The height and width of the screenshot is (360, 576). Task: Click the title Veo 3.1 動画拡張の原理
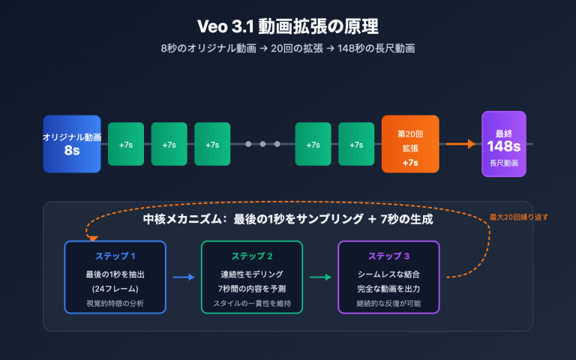pyautogui.click(x=288, y=26)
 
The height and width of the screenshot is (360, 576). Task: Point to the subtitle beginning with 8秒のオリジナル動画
pyautogui.click(x=288, y=49)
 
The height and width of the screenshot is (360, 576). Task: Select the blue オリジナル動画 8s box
pyautogui.click(x=72, y=144)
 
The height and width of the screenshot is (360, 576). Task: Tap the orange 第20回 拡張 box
pyautogui.click(x=410, y=144)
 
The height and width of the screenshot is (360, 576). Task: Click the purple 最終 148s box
pyautogui.click(x=504, y=144)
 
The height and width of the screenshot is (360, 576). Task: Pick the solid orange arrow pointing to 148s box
pyautogui.click(x=461, y=144)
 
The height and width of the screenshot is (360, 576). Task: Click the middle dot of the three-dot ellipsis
pyautogui.click(x=262, y=144)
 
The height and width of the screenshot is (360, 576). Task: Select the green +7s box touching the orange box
pyautogui.click(x=356, y=144)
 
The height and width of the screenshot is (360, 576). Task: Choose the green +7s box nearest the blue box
pyautogui.click(x=126, y=144)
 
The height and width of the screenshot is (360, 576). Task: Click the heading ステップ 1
pyautogui.click(x=115, y=256)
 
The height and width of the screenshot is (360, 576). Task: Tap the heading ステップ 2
pyautogui.click(x=252, y=256)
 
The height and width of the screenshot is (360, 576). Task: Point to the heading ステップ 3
pyautogui.click(x=388, y=256)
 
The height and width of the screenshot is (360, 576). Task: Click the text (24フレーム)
pyautogui.click(x=115, y=289)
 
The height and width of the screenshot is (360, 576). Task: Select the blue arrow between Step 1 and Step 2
pyautogui.click(x=184, y=277)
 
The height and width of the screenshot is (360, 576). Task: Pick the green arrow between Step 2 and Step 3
pyautogui.click(x=320, y=277)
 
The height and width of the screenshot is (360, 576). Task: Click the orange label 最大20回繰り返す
pyautogui.click(x=519, y=217)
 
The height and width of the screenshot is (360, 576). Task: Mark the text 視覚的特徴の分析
pyautogui.click(x=115, y=303)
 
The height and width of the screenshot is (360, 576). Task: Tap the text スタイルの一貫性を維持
pyautogui.click(x=252, y=303)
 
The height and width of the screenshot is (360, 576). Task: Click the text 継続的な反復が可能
pyautogui.click(x=388, y=303)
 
